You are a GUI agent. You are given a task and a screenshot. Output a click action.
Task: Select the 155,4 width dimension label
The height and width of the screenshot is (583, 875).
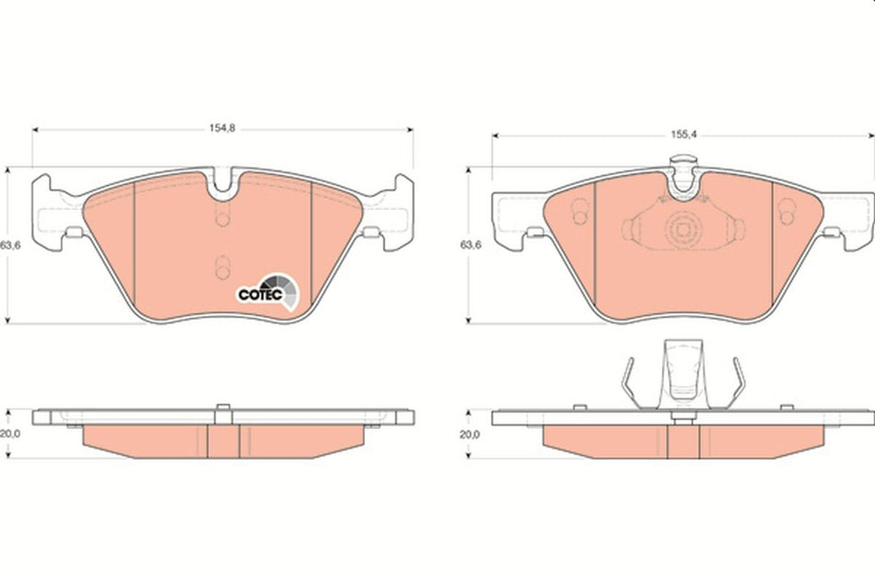[x=681, y=134]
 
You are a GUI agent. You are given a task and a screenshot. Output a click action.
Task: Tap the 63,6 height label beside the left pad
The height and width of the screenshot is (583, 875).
[x=9, y=245]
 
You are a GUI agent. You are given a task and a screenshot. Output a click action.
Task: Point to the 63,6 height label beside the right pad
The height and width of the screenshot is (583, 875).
[x=470, y=245]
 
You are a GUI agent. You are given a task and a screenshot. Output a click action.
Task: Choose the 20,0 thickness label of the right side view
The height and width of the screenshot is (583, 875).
[x=470, y=434]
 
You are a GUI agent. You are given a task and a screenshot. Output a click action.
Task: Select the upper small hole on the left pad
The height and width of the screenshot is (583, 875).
[x=221, y=218]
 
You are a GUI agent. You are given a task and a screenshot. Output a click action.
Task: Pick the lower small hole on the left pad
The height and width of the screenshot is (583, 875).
[x=221, y=267]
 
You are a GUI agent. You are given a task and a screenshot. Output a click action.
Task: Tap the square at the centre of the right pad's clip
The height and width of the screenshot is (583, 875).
[x=682, y=228]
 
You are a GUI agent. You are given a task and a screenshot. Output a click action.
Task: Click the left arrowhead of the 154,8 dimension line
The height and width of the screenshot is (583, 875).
[x=36, y=129]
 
